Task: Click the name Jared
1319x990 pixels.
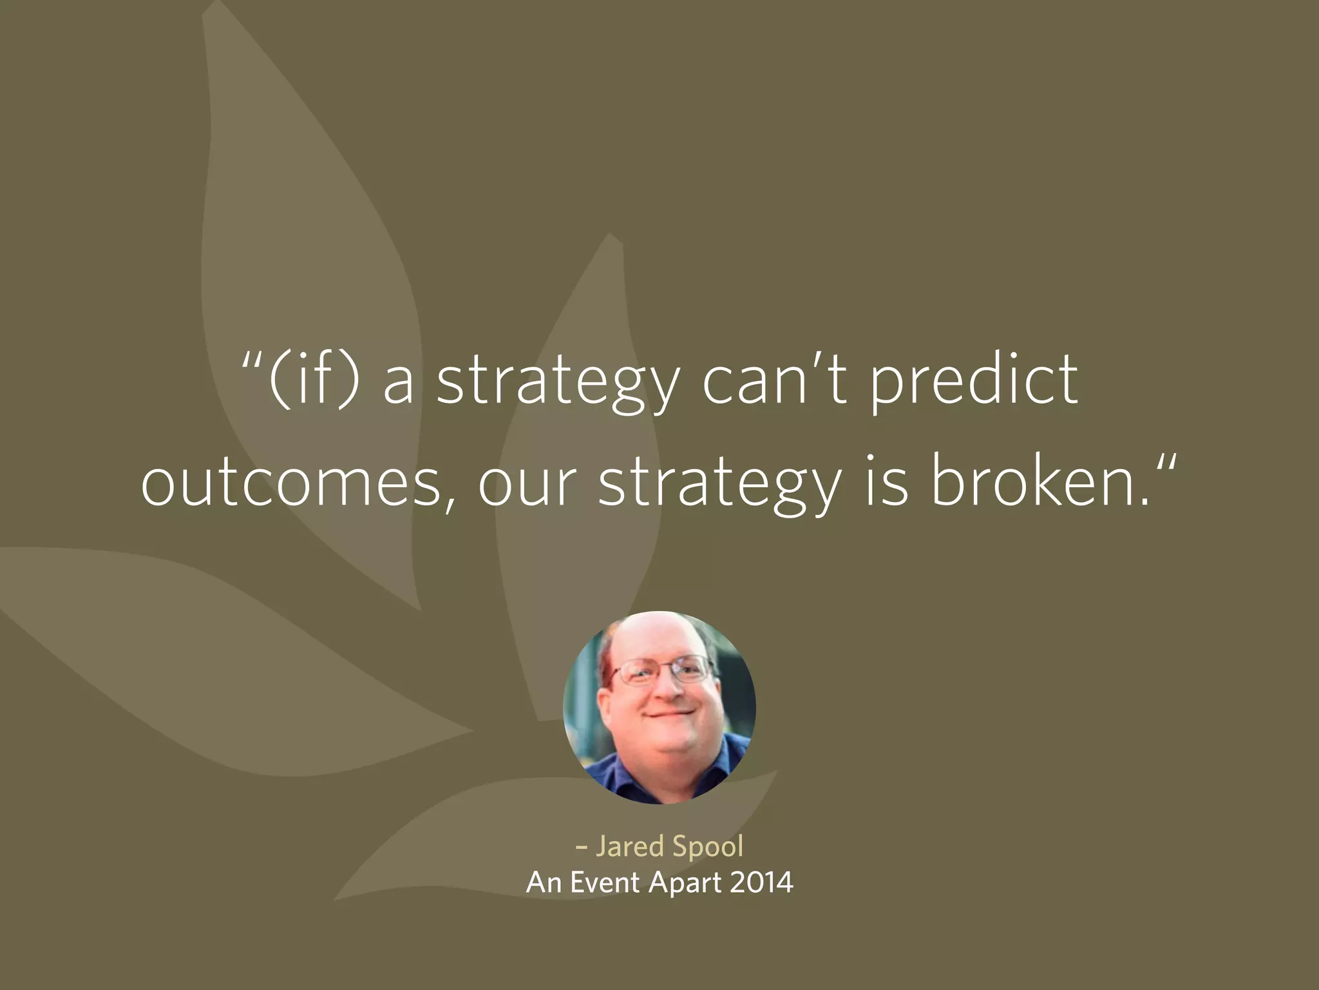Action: [x=629, y=846]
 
